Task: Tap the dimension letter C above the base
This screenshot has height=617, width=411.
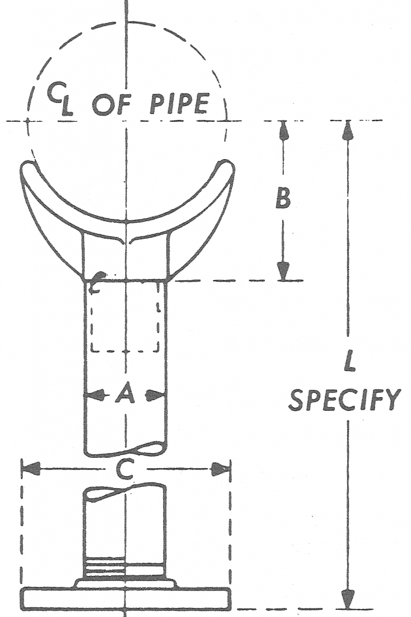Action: tap(124, 469)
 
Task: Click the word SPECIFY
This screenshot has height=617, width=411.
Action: tap(344, 399)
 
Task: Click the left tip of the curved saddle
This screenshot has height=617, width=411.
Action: tap(26, 168)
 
